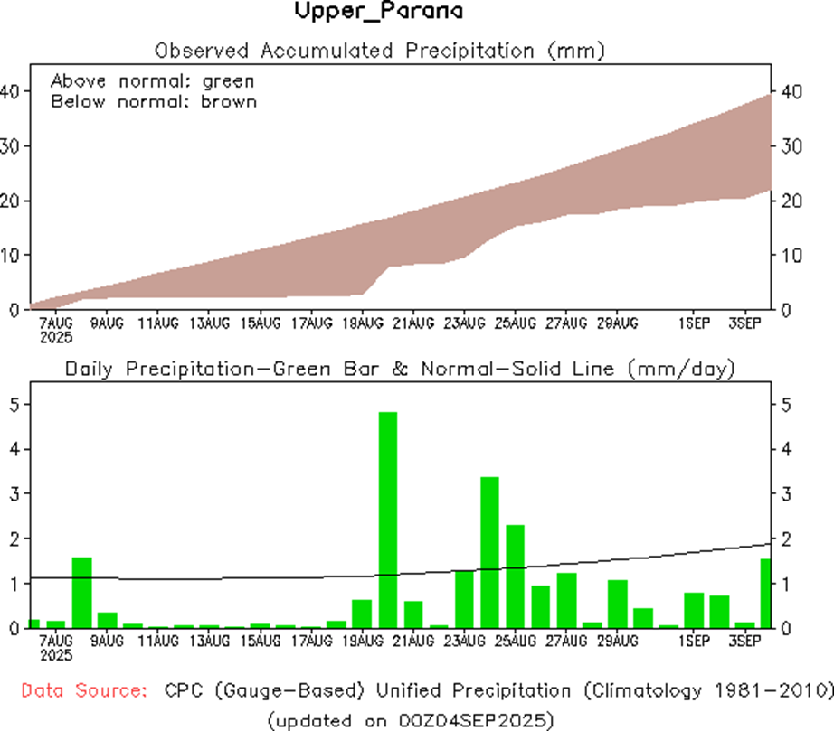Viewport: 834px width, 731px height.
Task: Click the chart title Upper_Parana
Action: click(x=378, y=12)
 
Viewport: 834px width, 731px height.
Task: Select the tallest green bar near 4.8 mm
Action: click(x=387, y=520)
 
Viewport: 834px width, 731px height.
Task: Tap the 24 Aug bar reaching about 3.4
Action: click(x=489, y=551)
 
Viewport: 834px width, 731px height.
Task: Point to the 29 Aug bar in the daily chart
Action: click(x=617, y=604)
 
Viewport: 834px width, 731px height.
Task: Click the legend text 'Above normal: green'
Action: click(x=152, y=81)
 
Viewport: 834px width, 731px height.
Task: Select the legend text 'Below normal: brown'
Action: click(x=153, y=101)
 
